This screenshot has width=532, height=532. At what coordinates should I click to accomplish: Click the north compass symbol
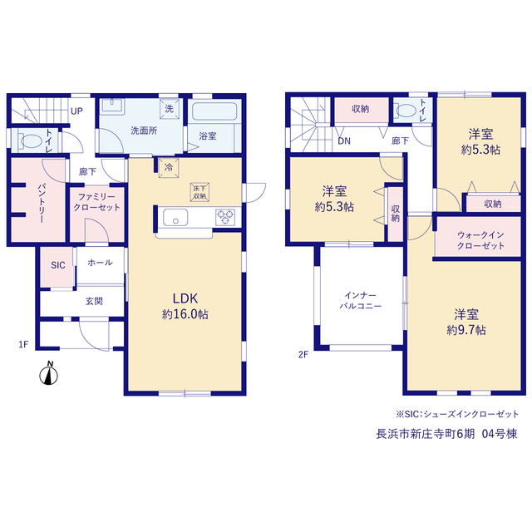(x=48, y=374)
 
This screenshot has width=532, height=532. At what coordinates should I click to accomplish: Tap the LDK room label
(x=185, y=298)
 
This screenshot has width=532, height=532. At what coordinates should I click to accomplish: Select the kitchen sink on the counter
(x=175, y=217)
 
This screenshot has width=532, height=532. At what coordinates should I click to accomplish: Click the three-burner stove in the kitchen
(x=225, y=217)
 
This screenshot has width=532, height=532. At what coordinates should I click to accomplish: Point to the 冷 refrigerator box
(x=169, y=167)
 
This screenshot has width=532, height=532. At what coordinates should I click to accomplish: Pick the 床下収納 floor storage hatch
(x=199, y=192)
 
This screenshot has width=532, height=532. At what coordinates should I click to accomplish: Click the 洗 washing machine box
(x=169, y=109)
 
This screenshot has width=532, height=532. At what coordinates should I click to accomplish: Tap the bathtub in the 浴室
(x=214, y=111)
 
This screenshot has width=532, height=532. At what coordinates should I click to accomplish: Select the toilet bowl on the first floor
(x=30, y=140)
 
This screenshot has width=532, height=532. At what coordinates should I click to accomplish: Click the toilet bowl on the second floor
(x=406, y=111)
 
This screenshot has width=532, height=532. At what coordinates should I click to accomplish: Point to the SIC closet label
(x=58, y=265)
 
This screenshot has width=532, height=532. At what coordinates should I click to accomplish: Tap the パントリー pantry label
(x=41, y=203)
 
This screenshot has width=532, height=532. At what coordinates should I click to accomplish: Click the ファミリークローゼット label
(x=96, y=202)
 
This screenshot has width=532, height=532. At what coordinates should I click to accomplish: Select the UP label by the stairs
(x=76, y=111)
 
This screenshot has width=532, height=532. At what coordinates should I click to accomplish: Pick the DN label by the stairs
(x=344, y=140)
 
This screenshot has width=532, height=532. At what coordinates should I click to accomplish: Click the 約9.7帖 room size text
(x=466, y=330)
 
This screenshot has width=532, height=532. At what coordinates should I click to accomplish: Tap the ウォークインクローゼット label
(x=480, y=240)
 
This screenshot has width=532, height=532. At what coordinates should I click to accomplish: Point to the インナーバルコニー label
(x=360, y=301)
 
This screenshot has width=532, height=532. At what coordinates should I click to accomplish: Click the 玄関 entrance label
(x=94, y=301)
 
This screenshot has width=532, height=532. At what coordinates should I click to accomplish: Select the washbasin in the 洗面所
(x=112, y=106)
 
